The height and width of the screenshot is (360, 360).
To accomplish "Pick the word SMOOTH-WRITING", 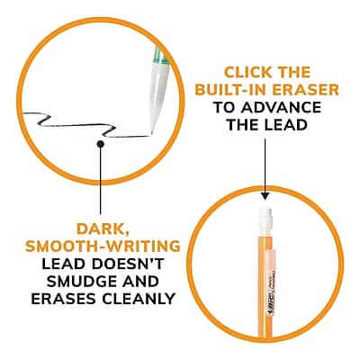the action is (x=103, y=247).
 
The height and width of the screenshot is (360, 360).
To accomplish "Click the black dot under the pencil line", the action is (x=101, y=144).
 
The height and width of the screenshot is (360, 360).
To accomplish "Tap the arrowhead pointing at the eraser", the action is (x=265, y=196).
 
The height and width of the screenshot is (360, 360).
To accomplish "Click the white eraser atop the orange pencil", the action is (x=265, y=219).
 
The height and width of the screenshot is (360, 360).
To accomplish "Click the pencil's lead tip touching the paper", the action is (x=152, y=132).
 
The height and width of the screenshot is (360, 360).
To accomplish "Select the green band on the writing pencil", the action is (x=160, y=59).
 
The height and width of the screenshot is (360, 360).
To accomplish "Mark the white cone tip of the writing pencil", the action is (x=159, y=96).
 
